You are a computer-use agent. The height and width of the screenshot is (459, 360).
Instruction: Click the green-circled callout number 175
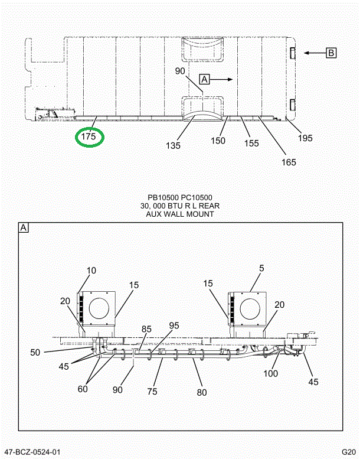tap(89, 136)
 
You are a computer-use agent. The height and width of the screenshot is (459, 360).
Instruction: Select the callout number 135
tap(173, 145)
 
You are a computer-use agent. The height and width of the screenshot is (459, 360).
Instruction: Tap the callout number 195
tap(305, 138)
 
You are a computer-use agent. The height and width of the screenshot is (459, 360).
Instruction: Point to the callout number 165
tap(289, 162)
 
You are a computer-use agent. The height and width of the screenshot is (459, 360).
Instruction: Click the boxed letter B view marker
tap(331, 53)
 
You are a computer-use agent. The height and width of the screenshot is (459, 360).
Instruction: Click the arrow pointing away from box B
tap(315, 53)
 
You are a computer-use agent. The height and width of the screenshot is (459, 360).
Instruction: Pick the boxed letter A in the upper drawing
tap(204, 79)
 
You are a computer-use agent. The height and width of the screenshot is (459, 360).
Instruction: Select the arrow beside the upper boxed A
tap(221, 79)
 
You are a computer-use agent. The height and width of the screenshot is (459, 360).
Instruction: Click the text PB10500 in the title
tap(163, 198)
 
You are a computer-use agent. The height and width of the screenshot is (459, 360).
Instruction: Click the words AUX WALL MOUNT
tap(180, 214)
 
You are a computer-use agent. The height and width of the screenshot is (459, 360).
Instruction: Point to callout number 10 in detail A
tap(91, 271)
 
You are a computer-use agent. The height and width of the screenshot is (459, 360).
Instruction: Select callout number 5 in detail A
tap(261, 268)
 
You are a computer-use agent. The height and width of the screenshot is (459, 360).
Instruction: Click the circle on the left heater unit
tap(99, 308)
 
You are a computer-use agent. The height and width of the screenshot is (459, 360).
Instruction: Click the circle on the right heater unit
tap(250, 308)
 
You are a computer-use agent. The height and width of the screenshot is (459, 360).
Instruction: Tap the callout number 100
tap(270, 373)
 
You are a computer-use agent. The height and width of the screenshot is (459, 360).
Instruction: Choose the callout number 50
tap(35, 353)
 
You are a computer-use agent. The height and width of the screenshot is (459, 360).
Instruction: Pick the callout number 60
tap(83, 389)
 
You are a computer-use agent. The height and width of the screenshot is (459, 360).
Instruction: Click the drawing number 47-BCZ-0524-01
tap(32, 452)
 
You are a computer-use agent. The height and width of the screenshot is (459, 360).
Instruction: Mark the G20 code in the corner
tap(349, 452)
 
